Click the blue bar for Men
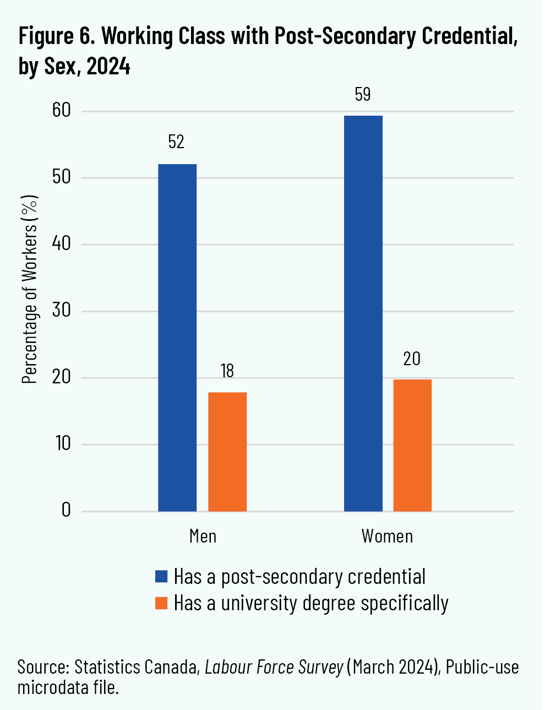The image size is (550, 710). coord(177,338)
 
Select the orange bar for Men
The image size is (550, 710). coord(227,452)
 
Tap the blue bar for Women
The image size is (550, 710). coord(363,313)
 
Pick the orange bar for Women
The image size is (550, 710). coord(412,445)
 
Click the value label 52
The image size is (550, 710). coord(176,142)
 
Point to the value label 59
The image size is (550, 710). coord(362,95)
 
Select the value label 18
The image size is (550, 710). coord(227,371)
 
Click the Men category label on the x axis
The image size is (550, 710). coord(203,536)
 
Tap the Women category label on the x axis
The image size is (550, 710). coord(387,536)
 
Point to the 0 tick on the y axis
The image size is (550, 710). coord(67,511)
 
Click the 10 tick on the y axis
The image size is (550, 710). coord(63,444)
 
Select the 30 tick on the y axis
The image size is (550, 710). coord(62,311)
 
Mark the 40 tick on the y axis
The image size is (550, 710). coord(62,244)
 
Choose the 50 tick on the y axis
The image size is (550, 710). coord(62,177)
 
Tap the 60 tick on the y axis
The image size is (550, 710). coord(62,111)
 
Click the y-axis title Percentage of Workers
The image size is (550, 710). coord(30,289)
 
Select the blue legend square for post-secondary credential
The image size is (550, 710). coord(161,577)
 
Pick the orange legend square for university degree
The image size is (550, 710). coord(161,603)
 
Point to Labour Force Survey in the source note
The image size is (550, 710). coord(274,667)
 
